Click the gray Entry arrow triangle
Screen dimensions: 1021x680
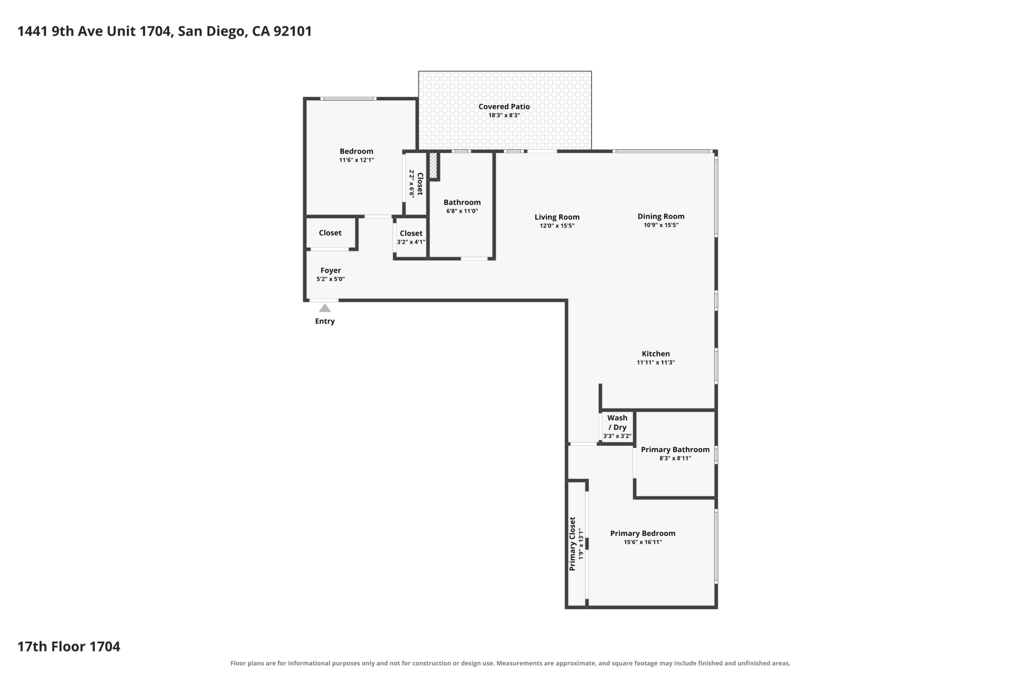[x=325, y=308]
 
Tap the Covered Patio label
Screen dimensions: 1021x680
[x=504, y=107]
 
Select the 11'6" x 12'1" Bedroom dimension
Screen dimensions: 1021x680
[x=356, y=160]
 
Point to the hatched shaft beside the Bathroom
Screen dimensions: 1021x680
[x=433, y=165]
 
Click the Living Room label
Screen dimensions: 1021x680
[x=557, y=217]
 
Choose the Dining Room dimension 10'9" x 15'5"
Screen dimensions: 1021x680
[x=661, y=225]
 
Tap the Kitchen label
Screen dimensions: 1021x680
[x=655, y=354]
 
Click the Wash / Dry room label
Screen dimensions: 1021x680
[x=617, y=423]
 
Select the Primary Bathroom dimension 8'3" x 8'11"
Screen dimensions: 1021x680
[x=675, y=458]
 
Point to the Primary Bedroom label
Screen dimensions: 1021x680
[x=643, y=533]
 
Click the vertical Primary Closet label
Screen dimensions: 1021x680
[x=572, y=544]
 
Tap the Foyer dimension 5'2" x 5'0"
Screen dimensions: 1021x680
[x=331, y=279]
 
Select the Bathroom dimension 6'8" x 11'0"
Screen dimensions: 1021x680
[x=462, y=211]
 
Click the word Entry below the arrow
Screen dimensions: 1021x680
[x=325, y=321]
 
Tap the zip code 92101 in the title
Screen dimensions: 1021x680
[x=292, y=31]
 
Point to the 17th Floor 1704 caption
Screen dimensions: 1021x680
[x=69, y=646]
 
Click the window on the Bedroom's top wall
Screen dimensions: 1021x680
[x=348, y=99]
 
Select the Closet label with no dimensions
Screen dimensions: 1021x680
[x=330, y=233]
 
